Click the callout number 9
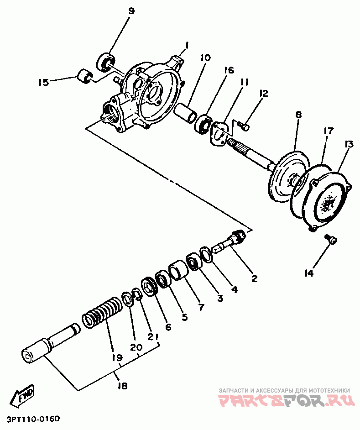pyautogui.click(x=131, y=11)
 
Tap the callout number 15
pyautogui.click(x=44, y=82)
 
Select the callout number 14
pyautogui.click(x=308, y=273)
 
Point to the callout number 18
pyautogui.click(x=123, y=386)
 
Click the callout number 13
pyautogui.click(x=349, y=145)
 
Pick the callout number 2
pyautogui.click(x=255, y=278)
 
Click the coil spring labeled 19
pyautogui.click(x=101, y=313)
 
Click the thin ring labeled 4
pyautogui.click(x=206, y=254)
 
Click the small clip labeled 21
pyautogui.click(x=137, y=294)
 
